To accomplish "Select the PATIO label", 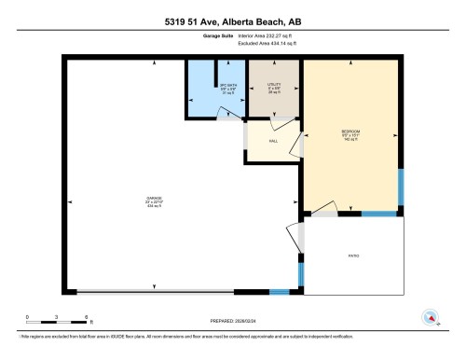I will [x=354, y=255].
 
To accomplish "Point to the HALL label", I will [x=273, y=141].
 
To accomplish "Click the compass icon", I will [x=430, y=316].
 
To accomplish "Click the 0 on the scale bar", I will [x=28, y=317].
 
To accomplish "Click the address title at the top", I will [x=232, y=20].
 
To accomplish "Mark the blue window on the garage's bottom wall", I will [x=279, y=293].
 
